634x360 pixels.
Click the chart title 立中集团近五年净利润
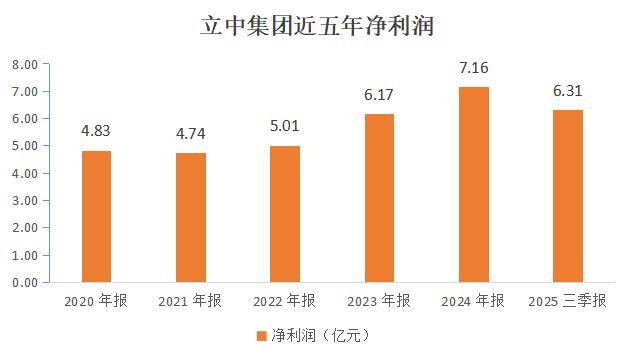[x=316, y=24]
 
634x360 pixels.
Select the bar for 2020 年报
[x=96, y=216]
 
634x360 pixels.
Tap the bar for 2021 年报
[x=190, y=217]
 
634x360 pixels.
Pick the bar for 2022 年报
[x=284, y=214]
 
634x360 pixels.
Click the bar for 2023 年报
[x=379, y=198]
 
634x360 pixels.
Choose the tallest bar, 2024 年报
[x=473, y=184]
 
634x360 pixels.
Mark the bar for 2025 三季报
[x=567, y=196]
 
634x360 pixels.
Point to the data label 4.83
[x=96, y=130]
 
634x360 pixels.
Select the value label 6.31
[x=567, y=90]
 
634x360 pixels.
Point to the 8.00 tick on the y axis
[x=24, y=65]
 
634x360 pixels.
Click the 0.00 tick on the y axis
[x=24, y=283]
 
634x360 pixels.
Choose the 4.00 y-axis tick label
[x=24, y=174]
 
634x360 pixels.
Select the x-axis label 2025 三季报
[x=567, y=301]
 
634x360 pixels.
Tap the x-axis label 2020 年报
[x=96, y=301]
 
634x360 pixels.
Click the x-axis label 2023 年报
[x=379, y=301]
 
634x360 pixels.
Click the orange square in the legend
[x=262, y=335]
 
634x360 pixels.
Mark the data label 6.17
[x=379, y=94]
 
